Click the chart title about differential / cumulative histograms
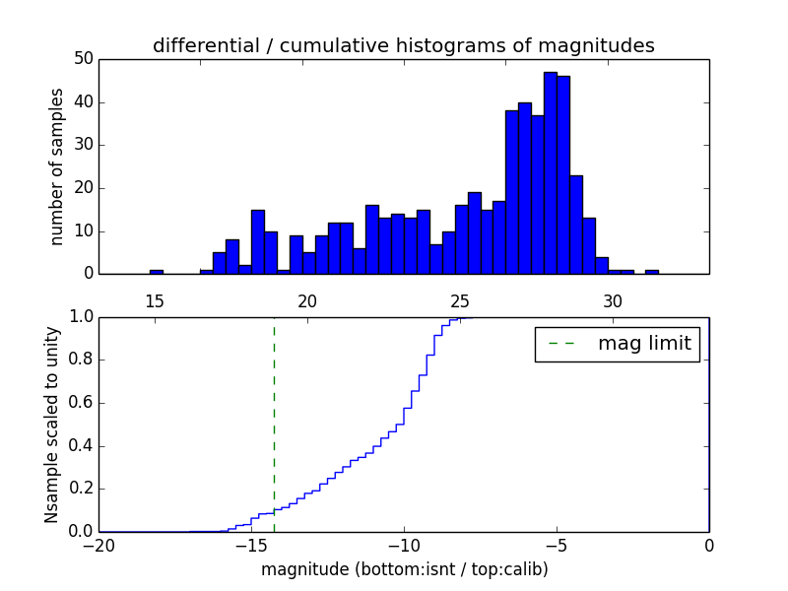403,45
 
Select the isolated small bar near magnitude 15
156,271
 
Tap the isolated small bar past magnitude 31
651,271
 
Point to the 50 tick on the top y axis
84,59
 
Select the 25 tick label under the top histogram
460,300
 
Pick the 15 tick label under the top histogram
155,300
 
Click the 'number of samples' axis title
57,165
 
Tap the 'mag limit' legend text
644,344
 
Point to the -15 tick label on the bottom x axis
250,545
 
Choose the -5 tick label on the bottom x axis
556,545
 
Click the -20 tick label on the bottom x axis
98,545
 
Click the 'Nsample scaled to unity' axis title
51,425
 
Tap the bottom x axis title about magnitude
404,569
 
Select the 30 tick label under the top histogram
613,300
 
